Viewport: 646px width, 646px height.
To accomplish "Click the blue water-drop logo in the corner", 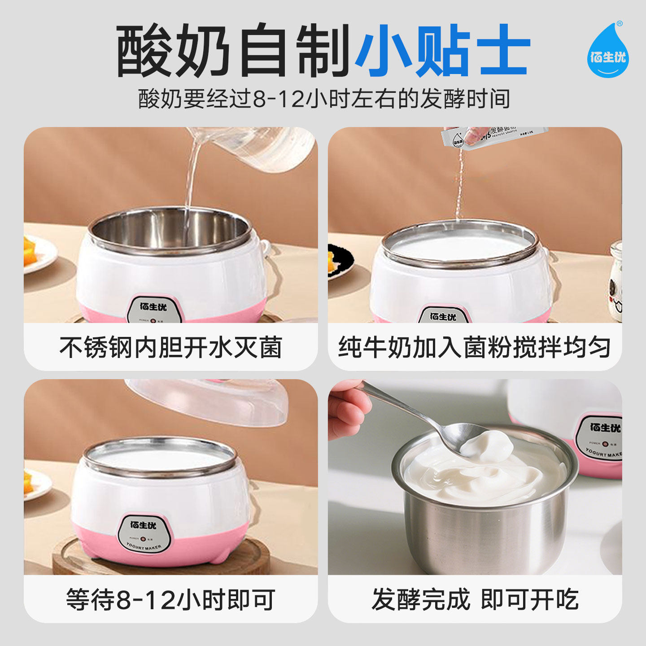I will [608, 52].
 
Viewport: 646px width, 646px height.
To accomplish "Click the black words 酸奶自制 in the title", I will [233, 50].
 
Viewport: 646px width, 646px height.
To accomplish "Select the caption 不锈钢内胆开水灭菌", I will [170, 348].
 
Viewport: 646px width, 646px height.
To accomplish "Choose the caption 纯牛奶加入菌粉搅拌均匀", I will [475, 348].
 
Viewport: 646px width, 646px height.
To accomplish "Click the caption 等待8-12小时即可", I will [170, 600].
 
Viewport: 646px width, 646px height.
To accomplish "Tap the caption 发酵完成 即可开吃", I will [475, 600].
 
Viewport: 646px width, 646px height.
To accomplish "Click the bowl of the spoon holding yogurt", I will [462, 437].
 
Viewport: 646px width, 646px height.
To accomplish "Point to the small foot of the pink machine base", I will [220, 556].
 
